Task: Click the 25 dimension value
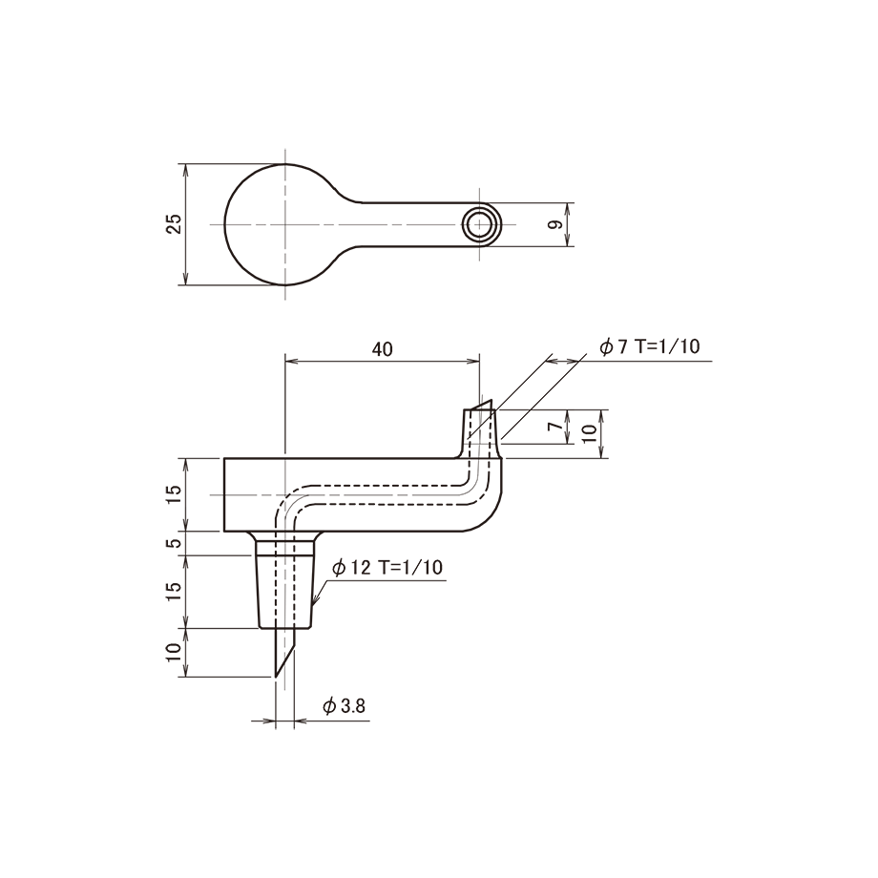(175, 224)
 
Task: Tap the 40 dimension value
(382, 349)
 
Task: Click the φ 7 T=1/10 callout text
(650, 346)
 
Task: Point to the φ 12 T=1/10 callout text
(387, 568)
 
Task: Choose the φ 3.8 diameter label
(344, 706)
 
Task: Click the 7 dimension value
(554, 427)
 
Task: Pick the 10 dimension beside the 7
(589, 433)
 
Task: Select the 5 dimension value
(175, 543)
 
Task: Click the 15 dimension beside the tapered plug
(174, 592)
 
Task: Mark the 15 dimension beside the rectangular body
(174, 494)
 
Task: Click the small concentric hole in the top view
(479, 224)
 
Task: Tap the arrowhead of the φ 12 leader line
(315, 603)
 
